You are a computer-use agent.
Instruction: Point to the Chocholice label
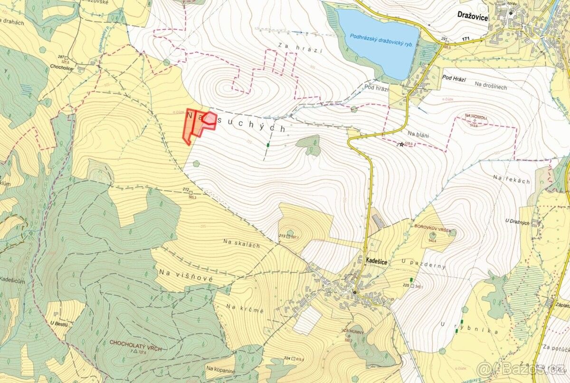tap(74, 67)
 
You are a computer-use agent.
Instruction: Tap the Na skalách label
tap(242, 243)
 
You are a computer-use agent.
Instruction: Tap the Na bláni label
tap(418, 135)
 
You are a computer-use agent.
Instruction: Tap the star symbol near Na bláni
tap(402, 144)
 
